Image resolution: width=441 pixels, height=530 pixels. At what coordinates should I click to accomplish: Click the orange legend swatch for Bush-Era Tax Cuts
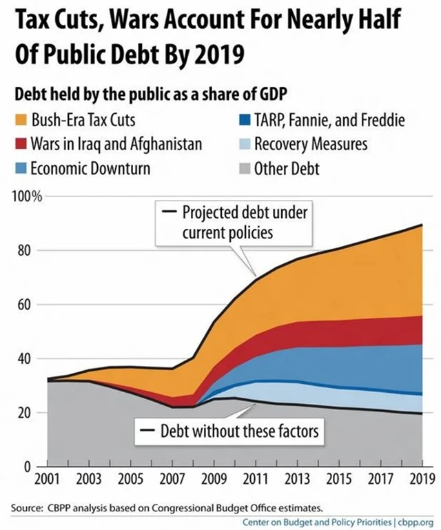pyautogui.click(x=21, y=121)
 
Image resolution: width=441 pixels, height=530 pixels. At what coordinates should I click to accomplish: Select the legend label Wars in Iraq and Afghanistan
pyautogui.click(x=116, y=145)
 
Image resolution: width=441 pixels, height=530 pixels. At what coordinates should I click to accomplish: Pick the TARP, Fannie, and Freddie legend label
pyautogui.click(x=329, y=121)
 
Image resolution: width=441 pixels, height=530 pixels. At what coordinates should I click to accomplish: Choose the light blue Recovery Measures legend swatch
pyautogui.click(x=242, y=145)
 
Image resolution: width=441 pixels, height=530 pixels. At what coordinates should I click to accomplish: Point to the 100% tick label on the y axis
pyautogui.click(x=28, y=197)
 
